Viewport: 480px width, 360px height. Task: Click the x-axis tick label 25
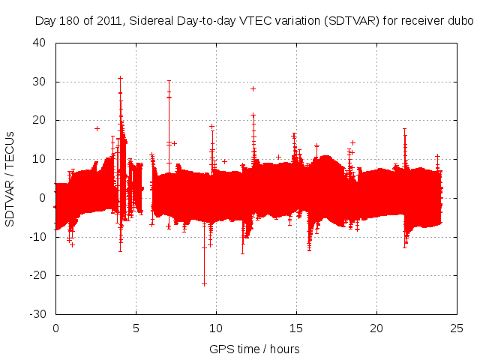coord(457,328)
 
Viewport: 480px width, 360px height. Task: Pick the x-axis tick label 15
coord(296,328)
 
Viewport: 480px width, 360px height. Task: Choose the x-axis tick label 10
coord(216,328)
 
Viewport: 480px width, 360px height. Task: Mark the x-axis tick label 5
coord(136,328)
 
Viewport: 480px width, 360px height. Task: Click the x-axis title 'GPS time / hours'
coord(256,349)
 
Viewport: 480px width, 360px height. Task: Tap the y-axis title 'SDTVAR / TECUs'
coord(10,178)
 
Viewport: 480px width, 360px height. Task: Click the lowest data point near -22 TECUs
coord(204,283)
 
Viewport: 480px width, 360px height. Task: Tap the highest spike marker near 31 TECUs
coord(120,78)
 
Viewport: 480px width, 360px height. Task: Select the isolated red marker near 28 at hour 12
coord(253,88)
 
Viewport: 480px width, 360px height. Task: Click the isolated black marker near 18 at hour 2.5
coord(97,128)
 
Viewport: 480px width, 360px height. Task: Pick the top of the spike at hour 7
coord(169,80)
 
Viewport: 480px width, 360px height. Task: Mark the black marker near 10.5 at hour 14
coord(278,157)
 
